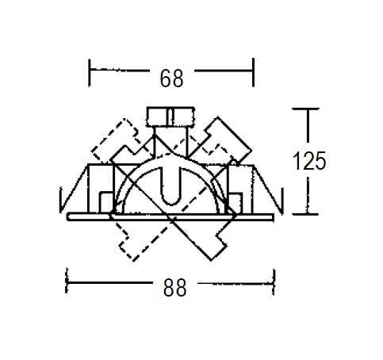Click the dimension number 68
pos(171,79)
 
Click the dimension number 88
pos(174,287)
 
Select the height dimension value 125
pos(309,161)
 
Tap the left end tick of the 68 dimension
pos(90,73)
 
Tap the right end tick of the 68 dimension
pos(253,72)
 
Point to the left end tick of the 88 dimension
pos(67,281)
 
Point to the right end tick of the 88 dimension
pos(274,282)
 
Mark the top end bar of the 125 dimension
pos(305,109)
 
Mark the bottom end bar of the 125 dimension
pos(305,214)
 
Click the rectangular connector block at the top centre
pos(170,117)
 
